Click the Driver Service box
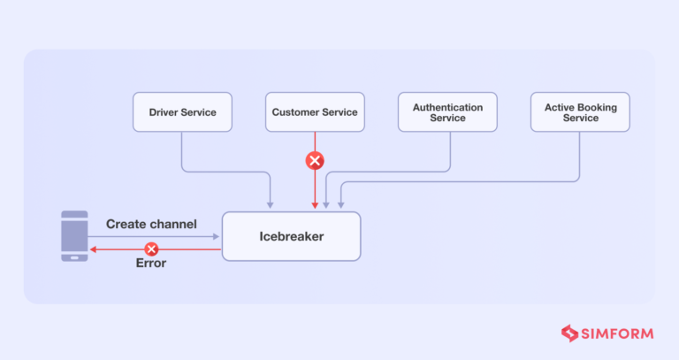coord(181,112)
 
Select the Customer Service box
coord(314,112)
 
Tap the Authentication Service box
coord(447,112)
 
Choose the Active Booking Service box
coord(580,112)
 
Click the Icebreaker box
coord(291,236)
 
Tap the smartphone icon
coord(74,235)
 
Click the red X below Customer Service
coord(314,161)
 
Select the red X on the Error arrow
coord(151,249)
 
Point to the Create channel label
coord(151,225)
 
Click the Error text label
coord(151,264)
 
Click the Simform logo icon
coord(569,333)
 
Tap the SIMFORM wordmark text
coord(618,334)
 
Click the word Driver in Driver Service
coord(165,112)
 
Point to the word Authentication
coord(447,107)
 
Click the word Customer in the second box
coord(295,112)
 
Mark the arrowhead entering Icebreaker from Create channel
coord(217,237)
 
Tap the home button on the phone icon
coord(74,257)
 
